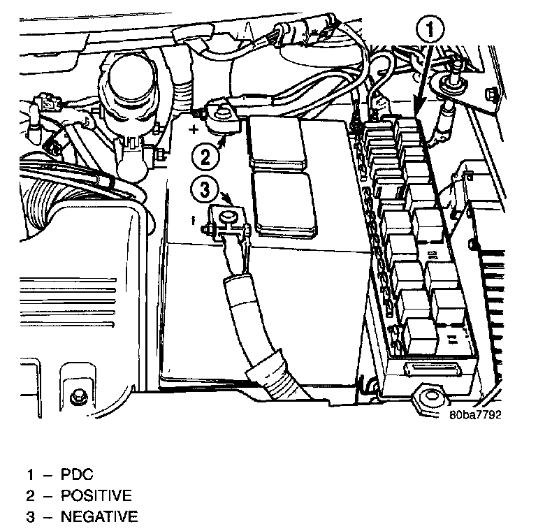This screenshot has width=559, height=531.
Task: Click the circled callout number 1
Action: (x=430, y=29)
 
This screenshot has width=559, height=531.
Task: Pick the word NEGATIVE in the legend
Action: (x=99, y=517)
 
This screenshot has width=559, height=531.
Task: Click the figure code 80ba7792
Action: (x=476, y=412)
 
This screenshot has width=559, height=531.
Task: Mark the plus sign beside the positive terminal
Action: (x=194, y=128)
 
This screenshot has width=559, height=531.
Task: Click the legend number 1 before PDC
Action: (x=31, y=475)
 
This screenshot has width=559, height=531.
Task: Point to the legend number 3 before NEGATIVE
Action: (x=31, y=517)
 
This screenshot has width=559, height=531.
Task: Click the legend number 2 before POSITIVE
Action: (x=31, y=496)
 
